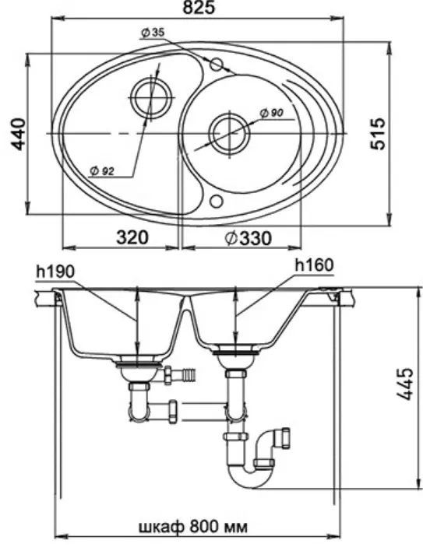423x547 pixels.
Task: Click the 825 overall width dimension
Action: (199, 7)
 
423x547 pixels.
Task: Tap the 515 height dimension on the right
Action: (378, 134)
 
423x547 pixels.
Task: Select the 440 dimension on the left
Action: (16, 135)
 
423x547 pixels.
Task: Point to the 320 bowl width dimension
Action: (132, 237)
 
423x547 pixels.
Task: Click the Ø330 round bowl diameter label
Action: (248, 239)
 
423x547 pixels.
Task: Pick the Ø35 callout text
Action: (153, 33)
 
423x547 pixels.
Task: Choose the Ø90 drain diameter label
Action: (271, 113)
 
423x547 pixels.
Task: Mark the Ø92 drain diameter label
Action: (102, 171)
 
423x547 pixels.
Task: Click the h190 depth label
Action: (55, 272)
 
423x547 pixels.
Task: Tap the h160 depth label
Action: (315, 265)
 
